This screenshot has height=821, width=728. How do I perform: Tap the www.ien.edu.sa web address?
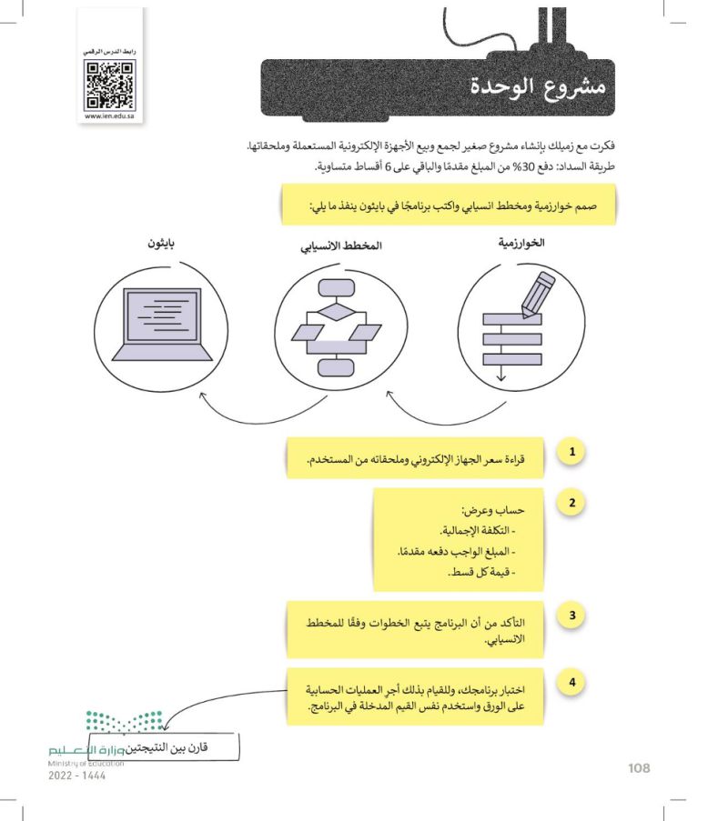click(108, 115)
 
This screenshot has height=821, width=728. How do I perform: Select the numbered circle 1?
click(571, 452)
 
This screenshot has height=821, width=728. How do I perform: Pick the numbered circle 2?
click(571, 503)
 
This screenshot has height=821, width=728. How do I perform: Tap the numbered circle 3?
click(571, 616)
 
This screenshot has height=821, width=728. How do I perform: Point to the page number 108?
click(640, 768)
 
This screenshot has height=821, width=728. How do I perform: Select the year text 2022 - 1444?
click(76, 779)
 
